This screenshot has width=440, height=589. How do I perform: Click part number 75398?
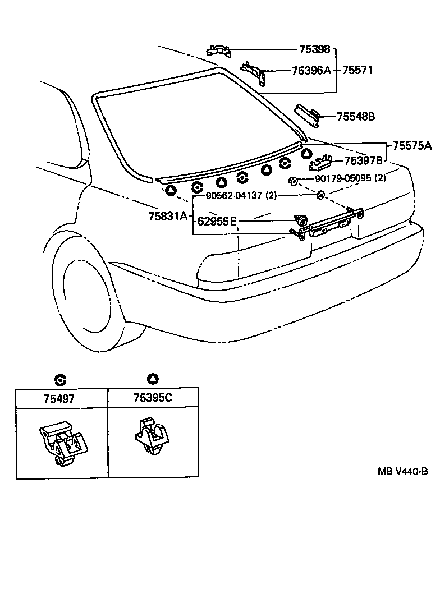314,50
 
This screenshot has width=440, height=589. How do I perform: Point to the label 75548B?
356,117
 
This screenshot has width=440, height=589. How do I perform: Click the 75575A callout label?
412,146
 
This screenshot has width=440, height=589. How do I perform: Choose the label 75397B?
363,160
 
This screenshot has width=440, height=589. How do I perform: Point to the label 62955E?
217,221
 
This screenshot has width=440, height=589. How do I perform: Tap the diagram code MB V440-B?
402,471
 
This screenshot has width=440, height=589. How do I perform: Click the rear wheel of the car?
90,292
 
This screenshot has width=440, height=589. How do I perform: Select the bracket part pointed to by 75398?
218,50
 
